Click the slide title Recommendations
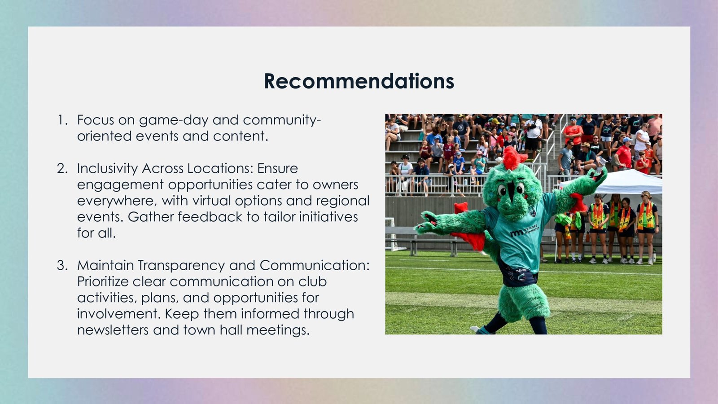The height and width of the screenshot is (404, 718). point(359,81)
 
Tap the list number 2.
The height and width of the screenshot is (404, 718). point(62,168)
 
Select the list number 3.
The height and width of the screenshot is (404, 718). point(62,265)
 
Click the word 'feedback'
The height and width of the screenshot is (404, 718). point(210,217)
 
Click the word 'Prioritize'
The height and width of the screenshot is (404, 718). point(103,281)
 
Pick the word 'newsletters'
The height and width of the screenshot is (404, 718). point(113,330)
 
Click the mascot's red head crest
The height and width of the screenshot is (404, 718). point(513,158)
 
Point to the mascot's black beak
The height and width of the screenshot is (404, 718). point(512,190)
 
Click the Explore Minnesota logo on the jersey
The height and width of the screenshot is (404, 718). point(525,230)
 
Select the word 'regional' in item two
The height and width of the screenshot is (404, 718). point(343,202)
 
